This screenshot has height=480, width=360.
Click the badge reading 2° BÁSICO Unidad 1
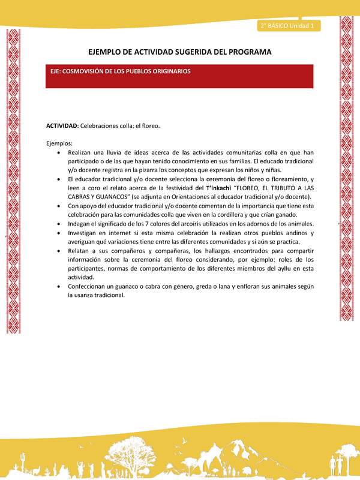click(x=289, y=26)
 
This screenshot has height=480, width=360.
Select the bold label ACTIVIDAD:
click(x=62, y=126)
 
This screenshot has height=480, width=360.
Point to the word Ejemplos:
click(x=59, y=143)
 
